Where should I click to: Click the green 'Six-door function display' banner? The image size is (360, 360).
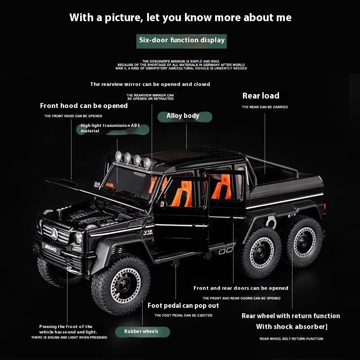(182, 40)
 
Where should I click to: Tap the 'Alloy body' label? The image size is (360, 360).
(183, 116)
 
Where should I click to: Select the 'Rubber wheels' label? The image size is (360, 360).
(141, 332)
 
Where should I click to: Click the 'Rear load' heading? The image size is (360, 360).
(261, 95)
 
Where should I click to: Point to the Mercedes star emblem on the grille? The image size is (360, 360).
(54, 233)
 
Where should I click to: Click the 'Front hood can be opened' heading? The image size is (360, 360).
(84, 106)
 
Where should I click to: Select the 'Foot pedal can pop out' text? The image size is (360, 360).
(183, 306)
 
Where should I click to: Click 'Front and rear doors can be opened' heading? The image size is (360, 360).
(241, 288)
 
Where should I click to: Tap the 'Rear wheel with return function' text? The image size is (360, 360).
(291, 316)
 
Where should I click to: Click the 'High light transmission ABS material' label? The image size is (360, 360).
(111, 128)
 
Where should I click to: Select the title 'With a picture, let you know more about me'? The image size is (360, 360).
(180, 18)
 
